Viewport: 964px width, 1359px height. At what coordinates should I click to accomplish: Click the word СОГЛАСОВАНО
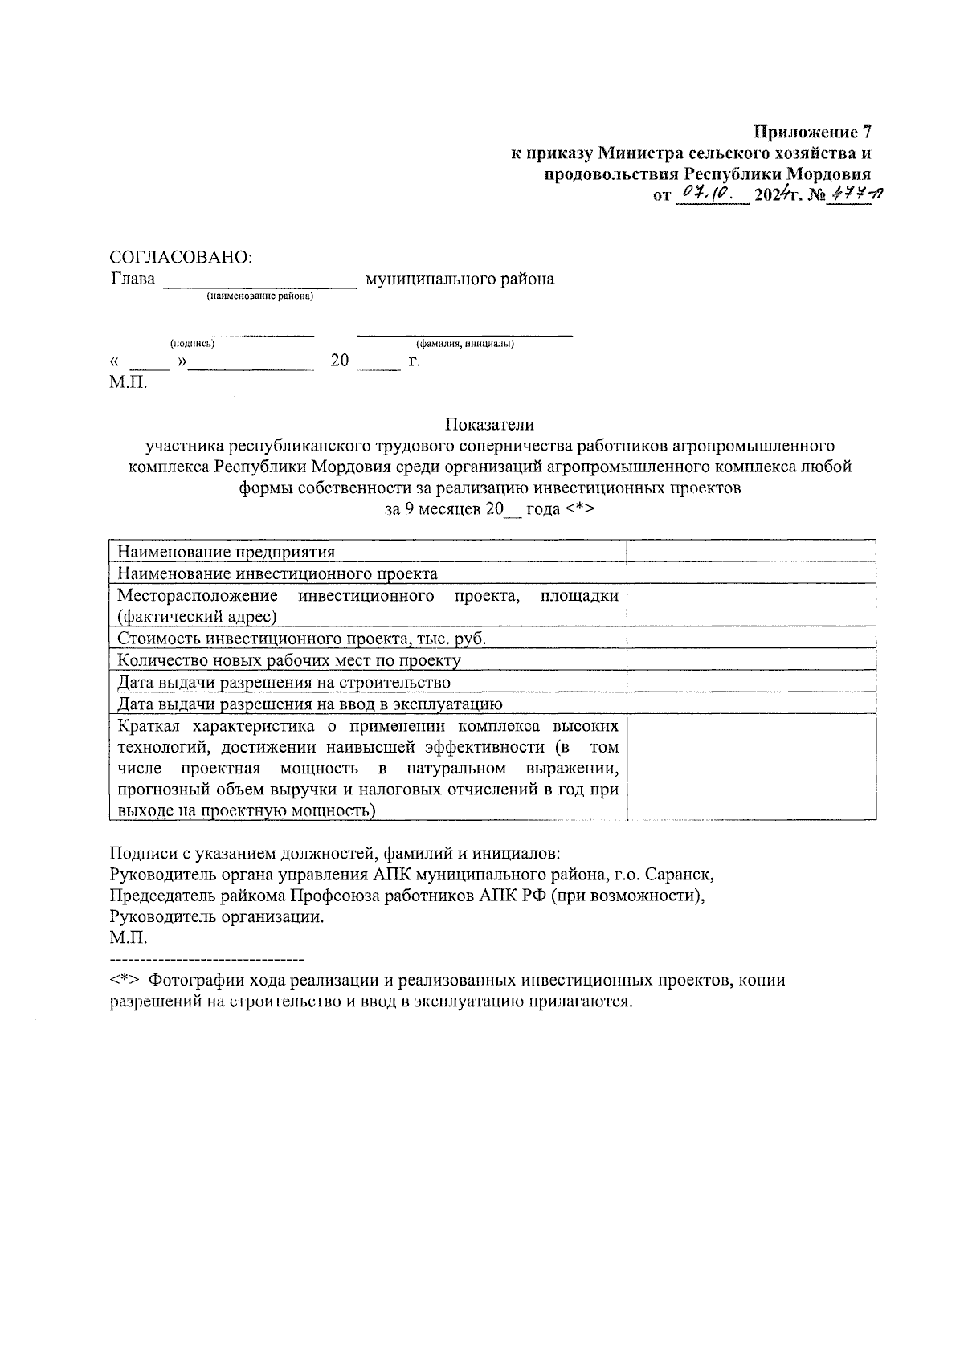click(x=180, y=257)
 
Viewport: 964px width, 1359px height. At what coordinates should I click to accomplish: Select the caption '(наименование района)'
click(x=259, y=296)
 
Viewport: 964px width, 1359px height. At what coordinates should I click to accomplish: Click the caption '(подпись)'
click(x=192, y=344)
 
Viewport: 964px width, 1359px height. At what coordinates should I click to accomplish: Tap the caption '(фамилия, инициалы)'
click(x=464, y=344)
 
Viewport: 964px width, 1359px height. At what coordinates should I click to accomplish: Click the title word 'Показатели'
click(x=490, y=424)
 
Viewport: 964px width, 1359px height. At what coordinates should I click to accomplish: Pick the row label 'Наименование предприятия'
click(x=226, y=552)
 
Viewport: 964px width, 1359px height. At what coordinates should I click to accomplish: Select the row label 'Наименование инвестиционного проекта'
click(x=277, y=573)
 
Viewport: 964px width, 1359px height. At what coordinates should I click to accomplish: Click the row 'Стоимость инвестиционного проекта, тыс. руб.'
click(x=302, y=639)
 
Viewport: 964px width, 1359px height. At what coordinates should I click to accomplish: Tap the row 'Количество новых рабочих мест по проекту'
click(x=289, y=660)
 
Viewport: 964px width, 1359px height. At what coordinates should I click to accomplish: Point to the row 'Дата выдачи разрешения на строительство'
click(x=284, y=682)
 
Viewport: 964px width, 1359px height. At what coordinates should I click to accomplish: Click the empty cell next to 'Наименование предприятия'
click(x=750, y=551)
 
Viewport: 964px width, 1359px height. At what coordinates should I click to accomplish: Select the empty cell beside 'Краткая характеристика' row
click(x=750, y=767)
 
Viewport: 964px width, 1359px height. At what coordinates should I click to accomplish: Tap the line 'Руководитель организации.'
click(x=217, y=916)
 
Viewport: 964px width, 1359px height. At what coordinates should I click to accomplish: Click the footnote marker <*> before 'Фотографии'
click(x=125, y=981)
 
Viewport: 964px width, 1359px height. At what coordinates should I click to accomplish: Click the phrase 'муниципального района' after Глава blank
click(x=460, y=280)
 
